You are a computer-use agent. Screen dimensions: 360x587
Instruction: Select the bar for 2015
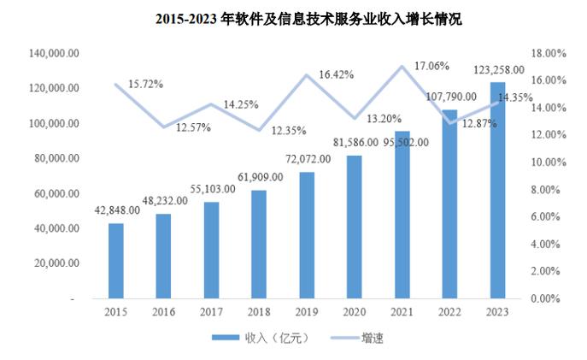[x=116, y=261]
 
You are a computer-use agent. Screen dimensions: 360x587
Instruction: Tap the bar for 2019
[x=307, y=235]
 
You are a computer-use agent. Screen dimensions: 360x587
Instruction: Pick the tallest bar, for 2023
[x=497, y=191]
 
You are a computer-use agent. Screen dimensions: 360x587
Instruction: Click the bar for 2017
[x=211, y=250]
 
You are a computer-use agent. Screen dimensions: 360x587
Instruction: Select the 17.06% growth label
[x=432, y=65]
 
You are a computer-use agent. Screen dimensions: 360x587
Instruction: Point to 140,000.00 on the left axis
[x=55, y=53]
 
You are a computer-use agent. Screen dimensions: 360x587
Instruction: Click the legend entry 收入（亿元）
[x=260, y=339]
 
